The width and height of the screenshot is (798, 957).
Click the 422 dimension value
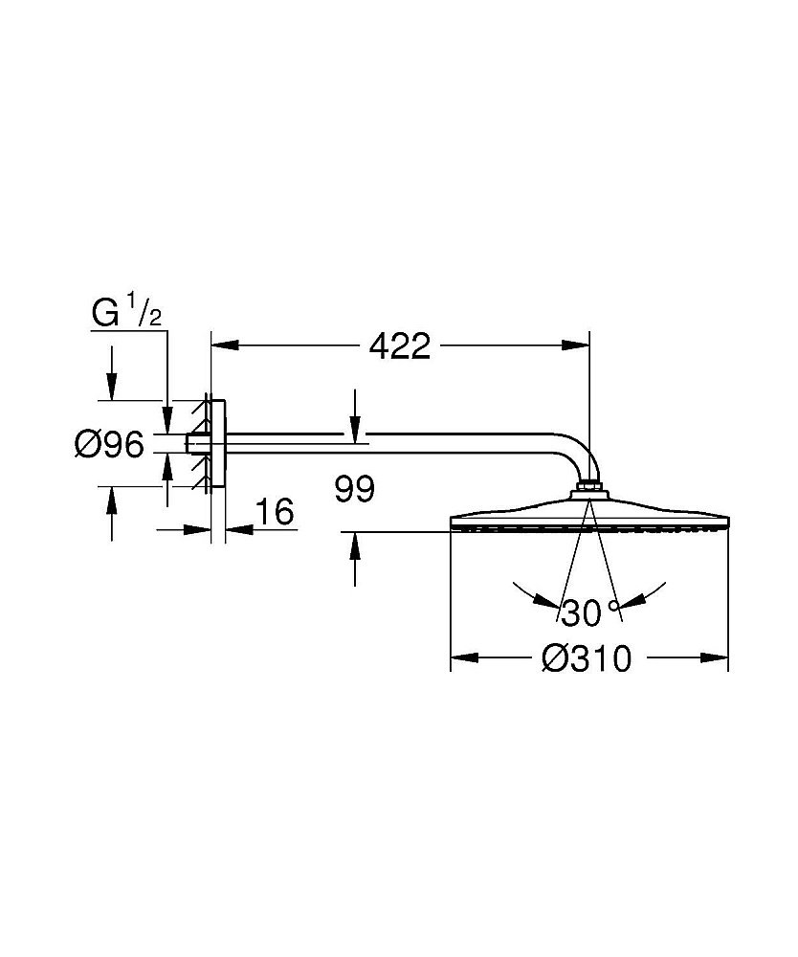click(x=400, y=346)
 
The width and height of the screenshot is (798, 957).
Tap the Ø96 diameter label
click(x=109, y=444)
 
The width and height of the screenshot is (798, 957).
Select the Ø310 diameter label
click(x=587, y=658)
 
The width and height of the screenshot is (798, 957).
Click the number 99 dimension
click(x=354, y=489)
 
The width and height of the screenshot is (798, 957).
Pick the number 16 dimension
click(x=276, y=511)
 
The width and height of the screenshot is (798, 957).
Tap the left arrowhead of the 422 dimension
click(x=224, y=345)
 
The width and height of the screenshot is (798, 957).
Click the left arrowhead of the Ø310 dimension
click(x=464, y=658)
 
